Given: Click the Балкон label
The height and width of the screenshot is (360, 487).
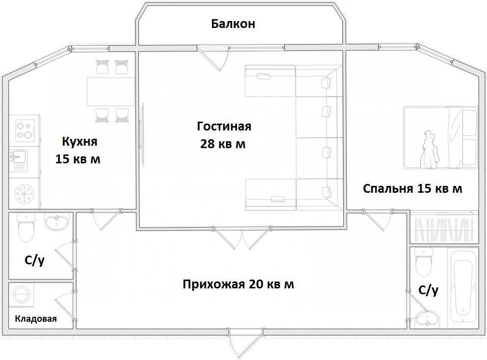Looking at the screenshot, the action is [x=233, y=24].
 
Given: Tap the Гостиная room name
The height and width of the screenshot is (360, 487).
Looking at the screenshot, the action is [x=224, y=127].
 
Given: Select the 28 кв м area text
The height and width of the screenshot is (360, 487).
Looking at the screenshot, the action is [x=223, y=144].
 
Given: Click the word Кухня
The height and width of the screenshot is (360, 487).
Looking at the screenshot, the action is [x=80, y=142].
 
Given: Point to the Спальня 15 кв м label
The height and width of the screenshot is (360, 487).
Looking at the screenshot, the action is [x=412, y=188].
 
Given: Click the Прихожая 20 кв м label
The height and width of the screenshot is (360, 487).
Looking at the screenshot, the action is [x=238, y=284].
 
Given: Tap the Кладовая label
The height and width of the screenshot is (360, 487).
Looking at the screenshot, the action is [x=36, y=319].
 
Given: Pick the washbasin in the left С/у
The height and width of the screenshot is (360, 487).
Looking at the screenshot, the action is [x=56, y=222].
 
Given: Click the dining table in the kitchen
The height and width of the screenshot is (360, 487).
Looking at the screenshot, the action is [x=110, y=92].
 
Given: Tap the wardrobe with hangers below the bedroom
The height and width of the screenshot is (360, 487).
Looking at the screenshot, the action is [x=444, y=229].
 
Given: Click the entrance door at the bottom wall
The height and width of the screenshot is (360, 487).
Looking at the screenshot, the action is [x=246, y=342].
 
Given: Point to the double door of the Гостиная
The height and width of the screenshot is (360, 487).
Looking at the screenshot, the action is [x=242, y=237].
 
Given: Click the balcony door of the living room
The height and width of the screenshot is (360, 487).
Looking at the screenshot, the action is [x=213, y=58].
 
